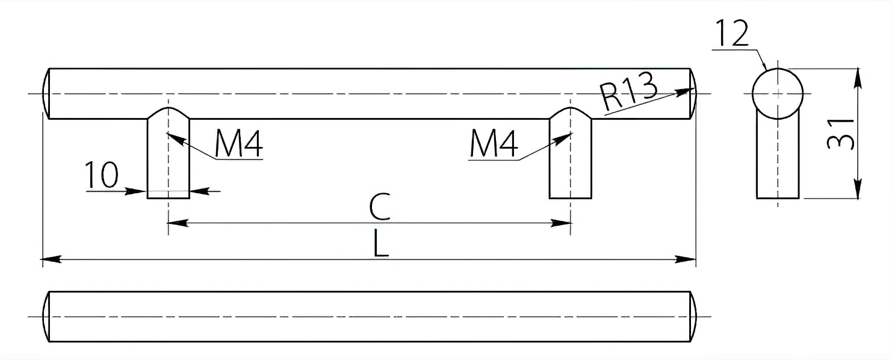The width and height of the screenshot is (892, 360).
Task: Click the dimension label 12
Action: click(732, 34)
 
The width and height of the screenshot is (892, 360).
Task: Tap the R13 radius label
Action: click(628, 91)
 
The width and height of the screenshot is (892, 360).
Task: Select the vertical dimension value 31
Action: click(840, 134)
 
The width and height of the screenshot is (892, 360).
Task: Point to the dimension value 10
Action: click(102, 174)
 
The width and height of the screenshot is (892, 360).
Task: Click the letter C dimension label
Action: click(379, 206)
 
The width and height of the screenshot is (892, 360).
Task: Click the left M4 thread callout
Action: click(238, 144)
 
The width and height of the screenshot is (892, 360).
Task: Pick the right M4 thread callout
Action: click(494, 144)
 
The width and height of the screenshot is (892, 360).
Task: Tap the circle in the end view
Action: click(778, 69)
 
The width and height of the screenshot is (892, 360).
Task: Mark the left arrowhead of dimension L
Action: click(51, 259)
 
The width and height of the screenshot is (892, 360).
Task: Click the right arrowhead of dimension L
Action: click(686, 259)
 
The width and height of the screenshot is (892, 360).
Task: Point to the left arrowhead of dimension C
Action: click(178, 223)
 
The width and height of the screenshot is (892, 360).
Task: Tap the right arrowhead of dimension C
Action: click(561, 223)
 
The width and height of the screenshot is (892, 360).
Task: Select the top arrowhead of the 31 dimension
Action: click(858, 78)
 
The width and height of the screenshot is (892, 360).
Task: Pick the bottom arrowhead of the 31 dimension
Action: click(858, 189)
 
